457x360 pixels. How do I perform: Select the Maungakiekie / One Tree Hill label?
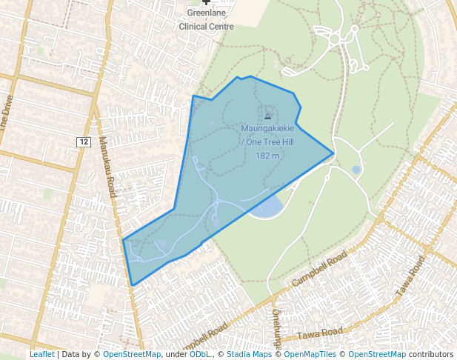(267, 135)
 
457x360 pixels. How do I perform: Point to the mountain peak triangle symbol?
(267, 116)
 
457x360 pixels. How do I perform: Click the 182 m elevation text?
(267, 156)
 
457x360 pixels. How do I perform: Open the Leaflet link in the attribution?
(41, 355)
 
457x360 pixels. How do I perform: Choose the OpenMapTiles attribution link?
(311, 355)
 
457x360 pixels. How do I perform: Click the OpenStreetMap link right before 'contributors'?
(377, 355)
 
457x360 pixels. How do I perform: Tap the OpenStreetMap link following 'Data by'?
(131, 355)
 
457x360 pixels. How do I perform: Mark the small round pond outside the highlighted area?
(356, 170)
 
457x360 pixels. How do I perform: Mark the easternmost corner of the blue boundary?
(333, 153)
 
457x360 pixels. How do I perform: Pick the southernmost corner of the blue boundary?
(133, 285)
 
